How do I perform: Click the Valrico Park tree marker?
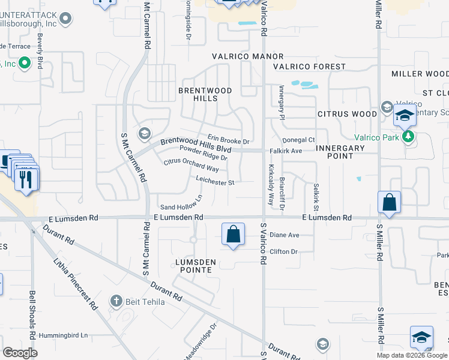[409, 136]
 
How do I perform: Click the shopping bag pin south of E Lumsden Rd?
[233, 234]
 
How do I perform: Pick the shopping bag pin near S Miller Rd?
[389, 202]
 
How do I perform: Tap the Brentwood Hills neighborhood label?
[205, 95]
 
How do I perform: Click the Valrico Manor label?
[238, 56]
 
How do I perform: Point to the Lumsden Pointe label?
[193, 266]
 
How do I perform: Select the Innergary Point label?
[340, 152]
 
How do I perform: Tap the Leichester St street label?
[214, 179]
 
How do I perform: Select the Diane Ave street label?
[284, 235]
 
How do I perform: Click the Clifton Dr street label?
[283, 252]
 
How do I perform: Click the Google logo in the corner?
[20, 353]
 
